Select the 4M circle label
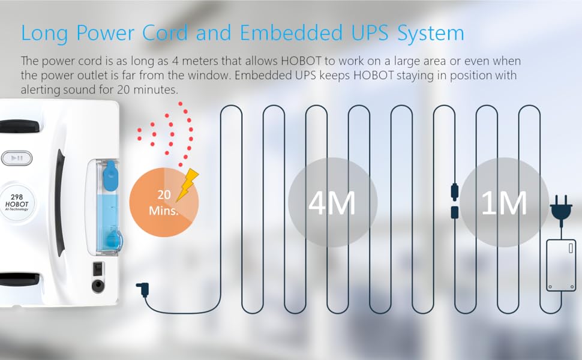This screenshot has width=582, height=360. [x=332, y=203]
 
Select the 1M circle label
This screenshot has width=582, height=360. [x=504, y=203]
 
